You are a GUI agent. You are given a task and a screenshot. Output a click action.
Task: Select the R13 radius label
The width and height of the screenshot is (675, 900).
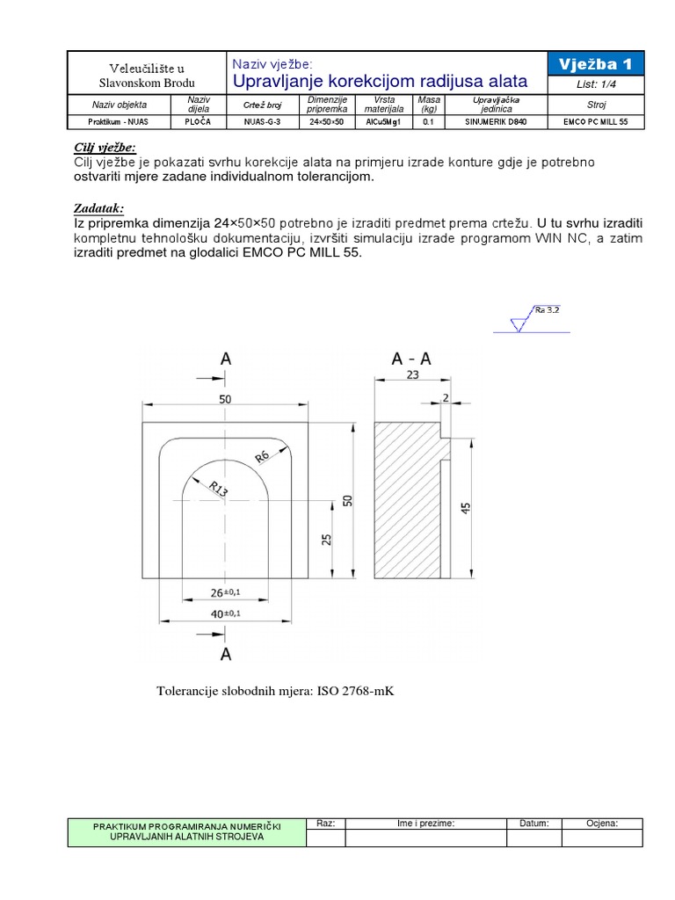tap(215, 489)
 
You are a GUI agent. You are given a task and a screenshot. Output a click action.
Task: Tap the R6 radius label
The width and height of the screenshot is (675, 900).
tap(261, 457)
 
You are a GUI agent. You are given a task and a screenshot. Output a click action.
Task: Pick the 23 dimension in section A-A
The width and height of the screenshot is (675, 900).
tap(413, 373)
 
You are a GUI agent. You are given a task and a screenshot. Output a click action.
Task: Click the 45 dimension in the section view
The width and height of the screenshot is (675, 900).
tap(466, 508)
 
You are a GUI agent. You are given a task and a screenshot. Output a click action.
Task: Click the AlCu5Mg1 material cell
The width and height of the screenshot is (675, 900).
tap(382, 122)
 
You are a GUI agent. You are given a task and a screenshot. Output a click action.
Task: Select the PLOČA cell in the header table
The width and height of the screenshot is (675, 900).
tap(196, 122)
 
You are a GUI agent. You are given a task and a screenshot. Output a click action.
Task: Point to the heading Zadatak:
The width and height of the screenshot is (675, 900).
tap(98, 208)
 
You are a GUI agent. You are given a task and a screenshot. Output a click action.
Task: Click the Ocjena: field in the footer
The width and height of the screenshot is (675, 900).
tap(602, 824)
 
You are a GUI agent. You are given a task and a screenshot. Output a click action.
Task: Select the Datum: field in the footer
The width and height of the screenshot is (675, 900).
tap(533, 824)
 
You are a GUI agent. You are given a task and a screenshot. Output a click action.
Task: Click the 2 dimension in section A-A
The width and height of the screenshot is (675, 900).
tap(446, 397)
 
